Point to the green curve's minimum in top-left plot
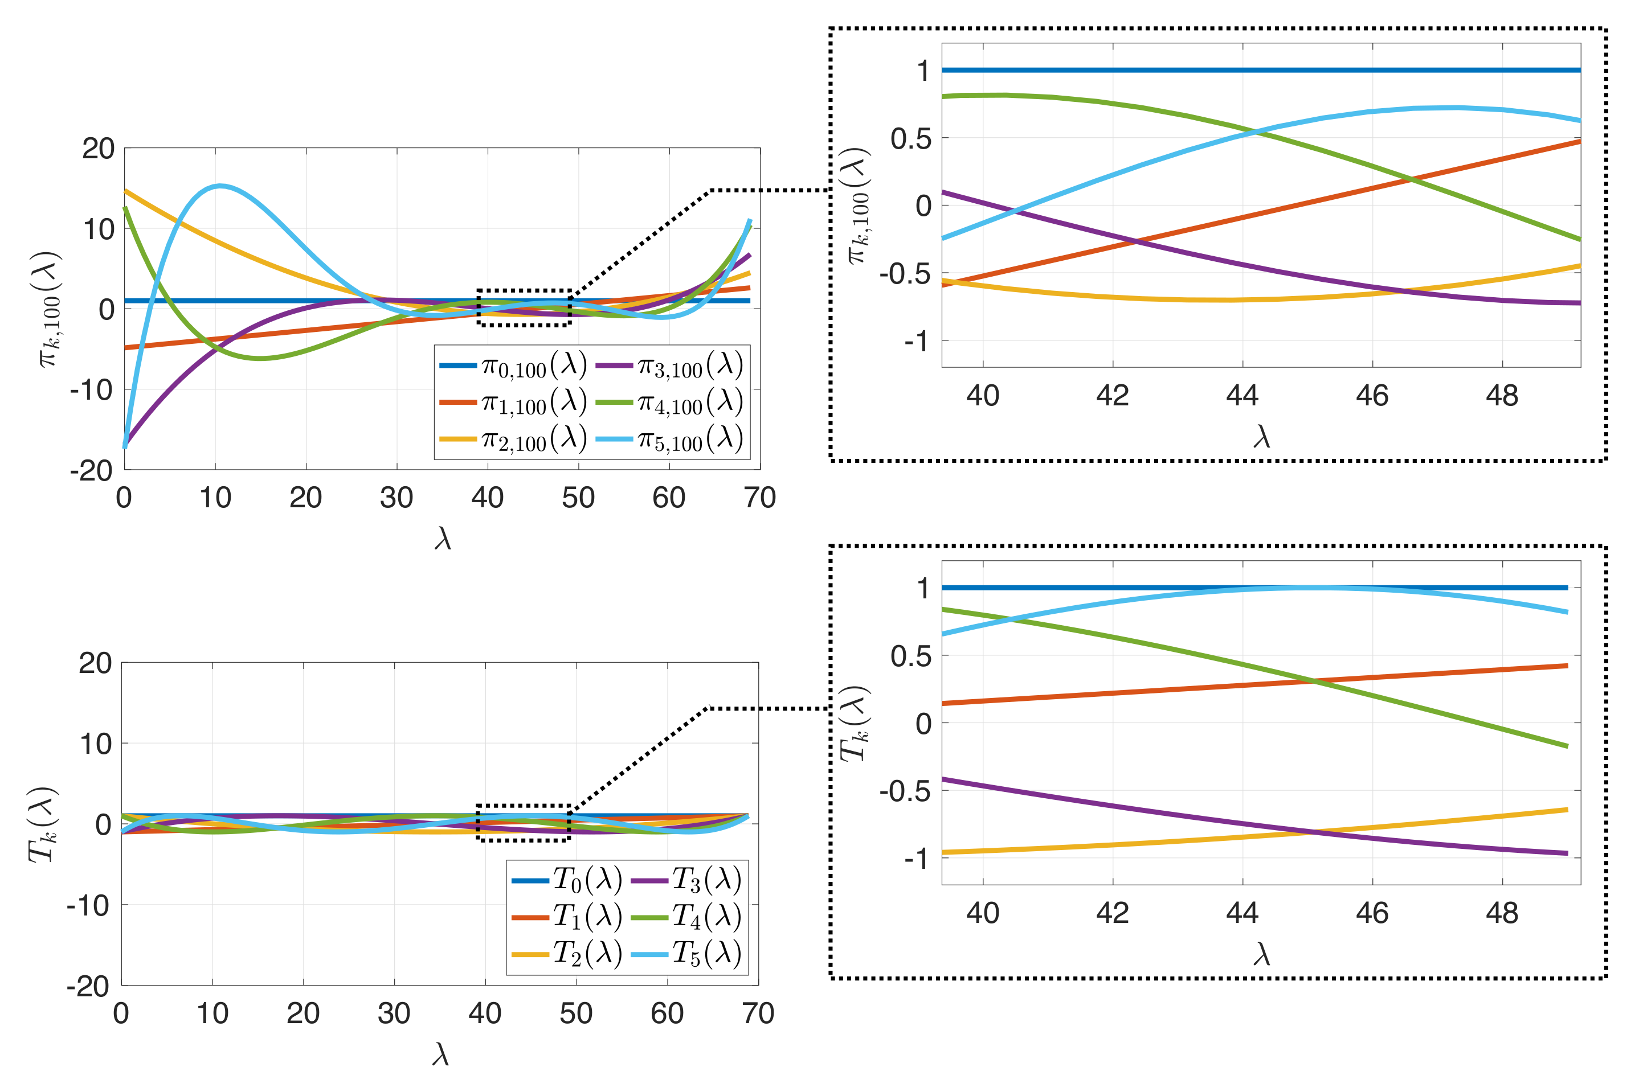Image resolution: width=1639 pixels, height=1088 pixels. [x=260, y=358]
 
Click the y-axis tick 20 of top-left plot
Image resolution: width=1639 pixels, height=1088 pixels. [x=98, y=149]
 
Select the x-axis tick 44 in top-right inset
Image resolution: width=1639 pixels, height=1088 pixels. [x=1242, y=396]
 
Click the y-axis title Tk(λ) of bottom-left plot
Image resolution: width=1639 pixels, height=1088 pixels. [x=42, y=824]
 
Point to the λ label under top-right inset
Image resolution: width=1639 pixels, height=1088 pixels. [x=1261, y=437]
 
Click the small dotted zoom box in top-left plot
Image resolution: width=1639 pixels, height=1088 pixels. [x=524, y=307]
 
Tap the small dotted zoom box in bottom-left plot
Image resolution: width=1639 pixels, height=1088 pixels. [x=524, y=823]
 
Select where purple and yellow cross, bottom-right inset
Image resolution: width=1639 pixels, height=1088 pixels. [x=1314, y=831]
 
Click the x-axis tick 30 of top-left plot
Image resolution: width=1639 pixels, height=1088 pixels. [x=397, y=498]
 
